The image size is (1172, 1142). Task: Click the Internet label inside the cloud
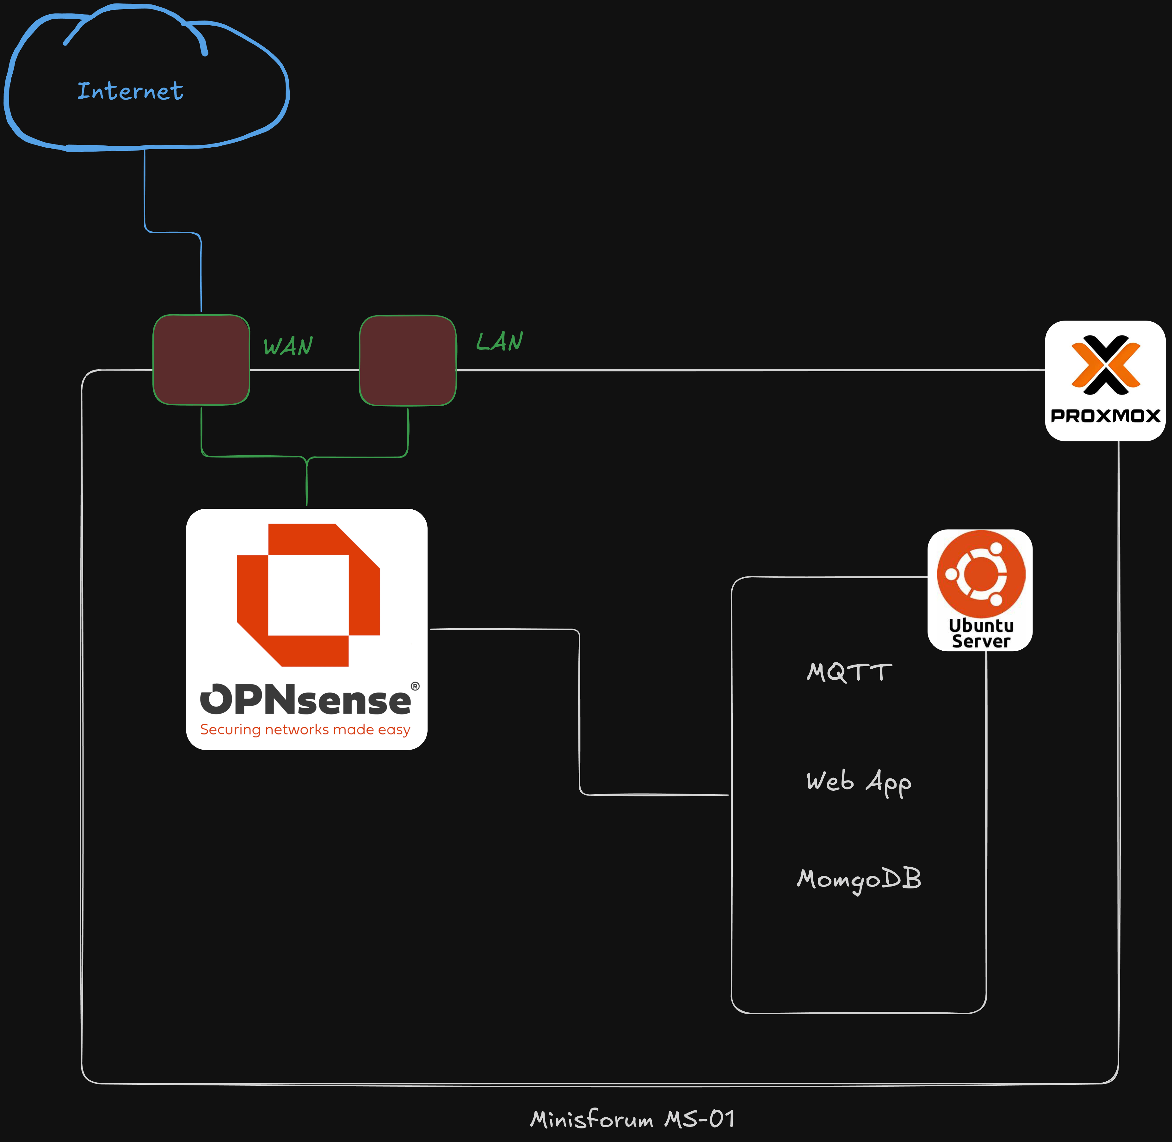click(x=130, y=91)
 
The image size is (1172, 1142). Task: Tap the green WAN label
click(x=288, y=346)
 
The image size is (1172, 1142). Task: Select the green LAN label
click(x=499, y=341)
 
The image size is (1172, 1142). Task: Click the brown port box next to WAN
click(x=201, y=360)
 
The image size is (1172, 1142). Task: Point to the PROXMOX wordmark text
click(x=1105, y=416)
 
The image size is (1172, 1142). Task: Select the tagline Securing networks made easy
click(x=305, y=729)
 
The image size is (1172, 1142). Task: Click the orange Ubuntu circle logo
click(x=981, y=574)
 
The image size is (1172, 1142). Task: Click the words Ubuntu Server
click(x=981, y=633)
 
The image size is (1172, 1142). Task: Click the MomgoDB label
click(x=859, y=879)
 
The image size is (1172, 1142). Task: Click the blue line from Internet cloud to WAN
click(x=145, y=192)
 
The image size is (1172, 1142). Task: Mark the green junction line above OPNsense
click(x=306, y=480)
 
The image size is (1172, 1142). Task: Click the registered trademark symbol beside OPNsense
click(x=415, y=686)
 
